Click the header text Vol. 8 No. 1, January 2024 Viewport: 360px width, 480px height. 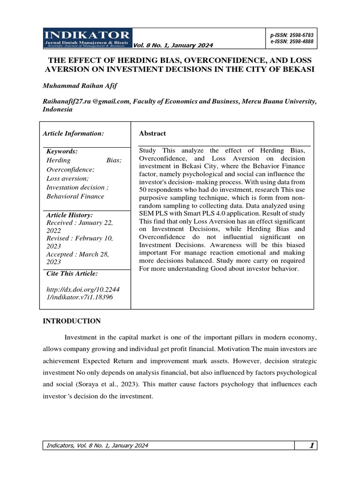(x=173, y=45)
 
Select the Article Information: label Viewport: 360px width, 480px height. (x=73, y=134)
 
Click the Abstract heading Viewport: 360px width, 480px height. (x=152, y=134)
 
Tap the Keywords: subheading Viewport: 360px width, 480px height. (x=62, y=151)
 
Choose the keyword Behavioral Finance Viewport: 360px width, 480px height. (x=75, y=196)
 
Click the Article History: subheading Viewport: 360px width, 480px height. (x=69, y=214)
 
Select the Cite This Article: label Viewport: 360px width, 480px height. (x=72, y=273)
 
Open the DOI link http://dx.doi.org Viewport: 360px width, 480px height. (x=82, y=292)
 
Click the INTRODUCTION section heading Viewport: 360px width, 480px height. (x=72, y=321)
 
